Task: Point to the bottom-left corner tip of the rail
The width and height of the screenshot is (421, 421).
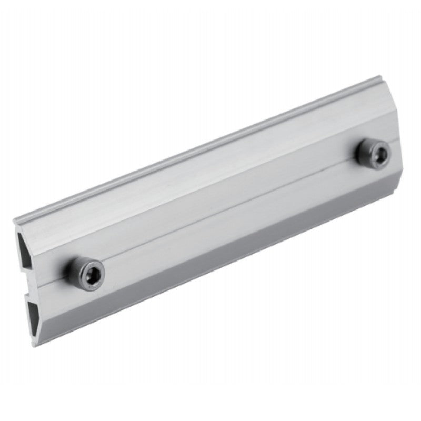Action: (35, 345)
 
